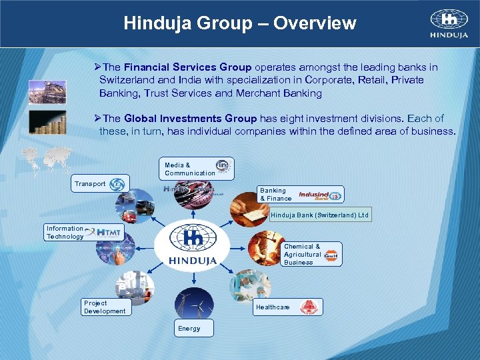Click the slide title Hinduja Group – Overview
(x=240, y=24)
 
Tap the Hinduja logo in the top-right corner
(x=449, y=24)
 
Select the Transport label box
(x=101, y=183)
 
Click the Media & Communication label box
(x=197, y=169)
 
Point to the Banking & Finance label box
(x=301, y=194)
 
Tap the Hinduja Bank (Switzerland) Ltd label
(x=319, y=215)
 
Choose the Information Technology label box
(x=84, y=232)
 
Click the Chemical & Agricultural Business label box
(x=312, y=254)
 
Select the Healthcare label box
(x=288, y=307)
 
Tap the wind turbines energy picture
(x=193, y=301)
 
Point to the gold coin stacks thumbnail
(x=47, y=123)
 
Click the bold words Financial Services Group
(x=187, y=67)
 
